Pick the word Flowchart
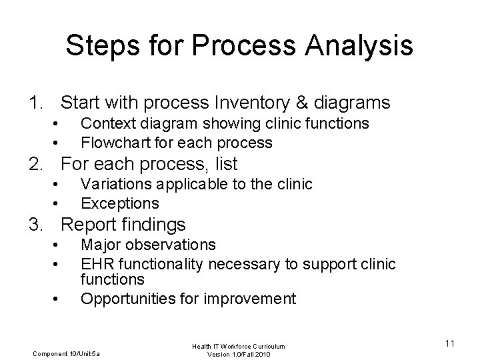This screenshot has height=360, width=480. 114,142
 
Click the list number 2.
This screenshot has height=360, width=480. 35,164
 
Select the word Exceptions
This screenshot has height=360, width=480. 119,203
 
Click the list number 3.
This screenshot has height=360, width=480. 35,225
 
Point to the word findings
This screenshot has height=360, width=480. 152,225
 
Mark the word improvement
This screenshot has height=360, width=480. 249,298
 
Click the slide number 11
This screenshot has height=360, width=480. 449,343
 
